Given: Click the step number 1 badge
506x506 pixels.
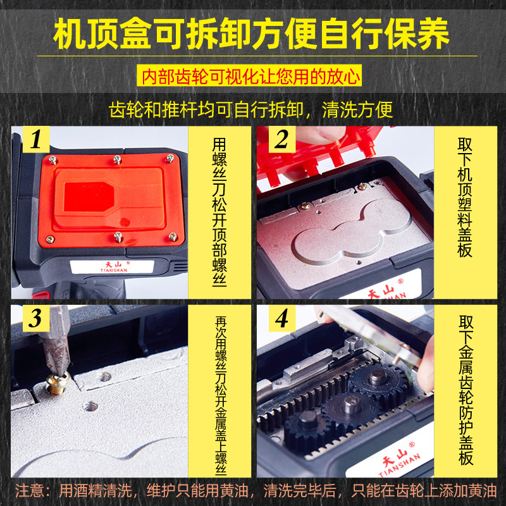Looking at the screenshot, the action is point(36,139).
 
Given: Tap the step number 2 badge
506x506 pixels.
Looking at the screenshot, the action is point(281,139).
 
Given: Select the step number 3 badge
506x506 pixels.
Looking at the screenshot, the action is point(36,318).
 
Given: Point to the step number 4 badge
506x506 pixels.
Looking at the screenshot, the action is point(281,318).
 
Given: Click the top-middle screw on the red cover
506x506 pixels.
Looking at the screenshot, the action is point(117,159).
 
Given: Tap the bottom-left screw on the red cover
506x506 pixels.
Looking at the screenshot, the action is point(50,239).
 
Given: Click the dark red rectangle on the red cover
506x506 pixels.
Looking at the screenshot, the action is point(89,197).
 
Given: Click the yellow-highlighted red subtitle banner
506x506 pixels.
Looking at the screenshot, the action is point(249,77).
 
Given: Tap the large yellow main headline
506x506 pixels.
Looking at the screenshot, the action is point(251,34).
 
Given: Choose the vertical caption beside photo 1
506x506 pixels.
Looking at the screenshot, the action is point(219,212).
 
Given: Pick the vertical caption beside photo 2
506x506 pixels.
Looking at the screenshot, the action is point(465,197).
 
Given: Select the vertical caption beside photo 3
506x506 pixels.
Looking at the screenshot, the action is point(221,395).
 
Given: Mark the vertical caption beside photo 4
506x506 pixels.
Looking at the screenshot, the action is point(466,390).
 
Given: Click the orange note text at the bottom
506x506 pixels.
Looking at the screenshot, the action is point(256,491).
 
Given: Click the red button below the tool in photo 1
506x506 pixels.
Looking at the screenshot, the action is point(40,295).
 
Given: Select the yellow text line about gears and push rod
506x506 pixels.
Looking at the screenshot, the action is point(250,109).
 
